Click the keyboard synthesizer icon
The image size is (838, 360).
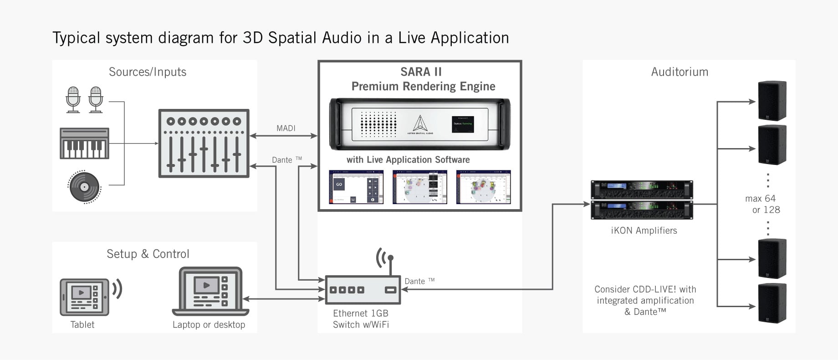click(x=84, y=143)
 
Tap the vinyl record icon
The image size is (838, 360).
click(x=84, y=186)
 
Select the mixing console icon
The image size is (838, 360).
click(x=204, y=143)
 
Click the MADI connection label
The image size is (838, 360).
click(x=286, y=128)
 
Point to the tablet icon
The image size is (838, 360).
click(x=84, y=297)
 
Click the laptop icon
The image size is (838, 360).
click(x=210, y=292)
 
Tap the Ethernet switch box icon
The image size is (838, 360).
click(x=363, y=290)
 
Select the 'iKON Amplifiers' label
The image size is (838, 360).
click(x=644, y=231)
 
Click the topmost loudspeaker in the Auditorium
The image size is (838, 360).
click(x=772, y=101)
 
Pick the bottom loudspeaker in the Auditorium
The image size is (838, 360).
click(x=772, y=303)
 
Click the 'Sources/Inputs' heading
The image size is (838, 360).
click(x=148, y=72)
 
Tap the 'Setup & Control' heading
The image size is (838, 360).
click(x=148, y=254)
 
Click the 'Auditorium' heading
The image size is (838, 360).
click(x=680, y=72)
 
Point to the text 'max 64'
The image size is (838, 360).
click(x=760, y=199)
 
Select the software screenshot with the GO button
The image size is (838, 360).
click(x=356, y=187)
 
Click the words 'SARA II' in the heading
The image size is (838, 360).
click(x=421, y=72)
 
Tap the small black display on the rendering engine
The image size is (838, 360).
click(x=463, y=123)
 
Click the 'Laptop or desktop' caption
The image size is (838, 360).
click(x=209, y=324)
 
